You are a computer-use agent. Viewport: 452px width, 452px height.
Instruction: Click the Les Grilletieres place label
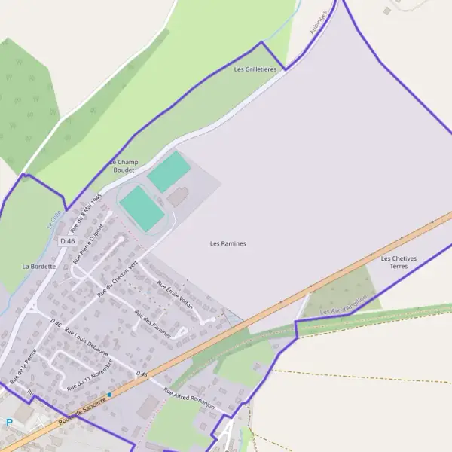(x=255, y=69)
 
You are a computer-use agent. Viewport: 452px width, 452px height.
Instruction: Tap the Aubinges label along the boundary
(x=319, y=22)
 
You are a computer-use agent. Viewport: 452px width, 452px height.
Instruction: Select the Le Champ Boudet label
(x=124, y=166)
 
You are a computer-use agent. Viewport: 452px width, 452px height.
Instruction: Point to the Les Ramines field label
(x=228, y=243)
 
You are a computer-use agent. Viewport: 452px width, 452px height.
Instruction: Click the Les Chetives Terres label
(x=399, y=262)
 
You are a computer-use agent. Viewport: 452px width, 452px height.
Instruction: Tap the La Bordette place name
(x=38, y=266)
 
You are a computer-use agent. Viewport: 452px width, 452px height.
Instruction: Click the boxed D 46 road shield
(x=67, y=241)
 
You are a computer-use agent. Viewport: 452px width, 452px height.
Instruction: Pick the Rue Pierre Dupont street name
(x=87, y=243)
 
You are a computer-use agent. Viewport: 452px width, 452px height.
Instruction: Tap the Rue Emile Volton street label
(x=175, y=295)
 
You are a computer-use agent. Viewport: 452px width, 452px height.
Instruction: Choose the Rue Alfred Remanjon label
(x=189, y=399)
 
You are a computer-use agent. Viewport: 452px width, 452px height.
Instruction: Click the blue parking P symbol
(x=9, y=422)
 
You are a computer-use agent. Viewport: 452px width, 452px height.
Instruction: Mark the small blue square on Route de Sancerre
(x=109, y=394)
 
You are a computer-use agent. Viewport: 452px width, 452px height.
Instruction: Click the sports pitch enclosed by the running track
(x=142, y=209)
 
